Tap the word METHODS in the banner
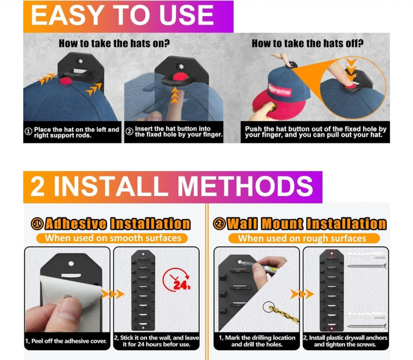click(245, 186)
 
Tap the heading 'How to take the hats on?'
click(114, 43)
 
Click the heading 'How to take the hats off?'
click(307, 43)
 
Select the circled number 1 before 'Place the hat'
click(28, 131)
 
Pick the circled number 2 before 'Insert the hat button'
click(129, 131)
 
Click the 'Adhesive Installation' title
click(117, 224)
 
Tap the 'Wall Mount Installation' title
click(307, 224)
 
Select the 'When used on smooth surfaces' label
click(113, 238)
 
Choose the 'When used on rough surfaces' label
click(302, 238)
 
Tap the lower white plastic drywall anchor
click(367, 315)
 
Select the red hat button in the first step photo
click(66, 81)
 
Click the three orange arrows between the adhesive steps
click(113, 294)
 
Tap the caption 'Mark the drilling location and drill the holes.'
click(257, 341)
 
